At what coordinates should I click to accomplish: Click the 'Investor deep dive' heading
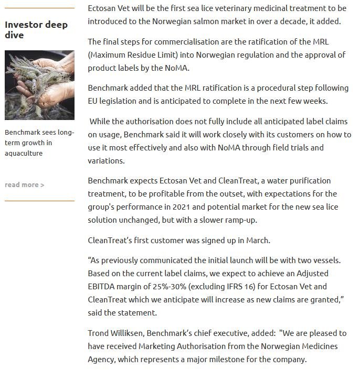point(36,30)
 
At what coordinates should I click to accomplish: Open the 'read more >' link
point(24,184)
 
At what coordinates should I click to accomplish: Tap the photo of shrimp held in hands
point(39,85)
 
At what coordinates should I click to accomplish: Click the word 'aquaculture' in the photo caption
point(24,153)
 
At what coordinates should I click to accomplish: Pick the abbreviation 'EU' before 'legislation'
point(94,101)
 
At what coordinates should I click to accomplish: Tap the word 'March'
point(258,241)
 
